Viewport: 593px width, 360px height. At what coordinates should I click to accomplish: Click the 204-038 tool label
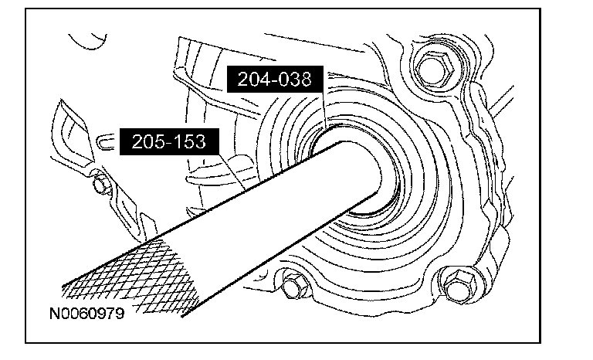[275, 79]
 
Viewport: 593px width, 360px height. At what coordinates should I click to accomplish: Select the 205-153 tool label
[169, 141]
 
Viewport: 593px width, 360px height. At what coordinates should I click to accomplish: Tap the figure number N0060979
[87, 314]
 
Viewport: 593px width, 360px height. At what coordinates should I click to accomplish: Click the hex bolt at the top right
[434, 69]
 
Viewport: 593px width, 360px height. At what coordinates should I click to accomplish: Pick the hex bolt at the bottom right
[459, 285]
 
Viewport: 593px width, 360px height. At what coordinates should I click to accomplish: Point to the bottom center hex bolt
[293, 285]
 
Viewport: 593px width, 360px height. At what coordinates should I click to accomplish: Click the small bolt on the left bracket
[100, 185]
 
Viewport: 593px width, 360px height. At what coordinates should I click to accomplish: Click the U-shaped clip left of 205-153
[106, 142]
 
